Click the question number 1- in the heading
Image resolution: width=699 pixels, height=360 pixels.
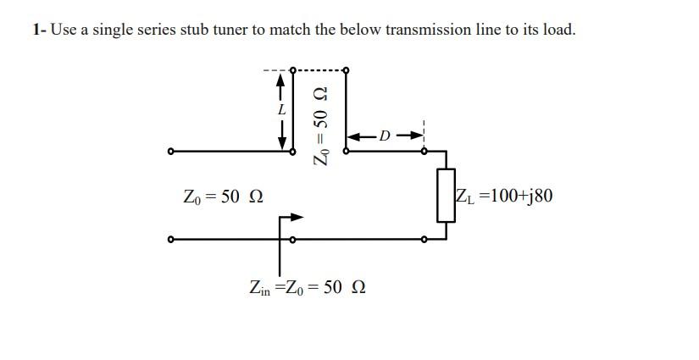(x=39, y=30)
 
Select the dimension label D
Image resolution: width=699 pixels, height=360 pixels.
(x=385, y=136)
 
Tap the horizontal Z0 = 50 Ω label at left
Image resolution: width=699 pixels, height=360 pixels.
(x=223, y=197)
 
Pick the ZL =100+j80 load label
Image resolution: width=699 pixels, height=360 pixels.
(x=503, y=197)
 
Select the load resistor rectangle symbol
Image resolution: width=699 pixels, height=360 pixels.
(x=446, y=196)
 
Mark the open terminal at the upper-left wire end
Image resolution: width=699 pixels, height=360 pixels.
(x=171, y=152)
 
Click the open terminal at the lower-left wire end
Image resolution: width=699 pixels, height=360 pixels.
(x=171, y=240)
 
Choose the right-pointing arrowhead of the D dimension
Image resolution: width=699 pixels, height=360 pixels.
(x=415, y=136)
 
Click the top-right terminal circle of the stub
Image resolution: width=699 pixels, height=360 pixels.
(x=346, y=69)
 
